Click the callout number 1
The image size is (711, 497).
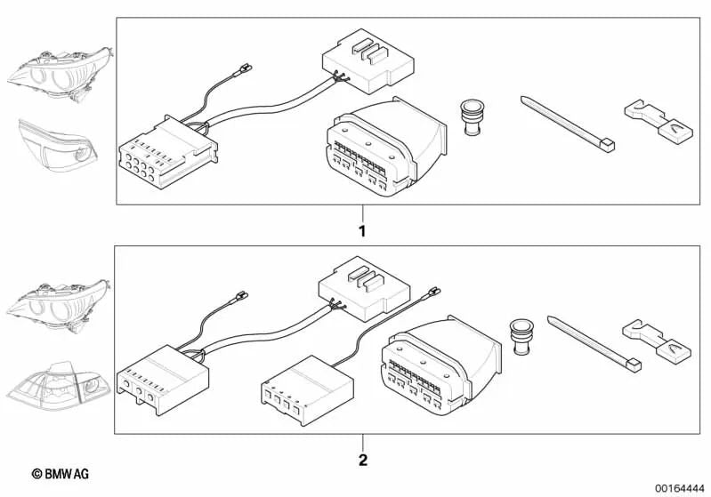tap(361, 230)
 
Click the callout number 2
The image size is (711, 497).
tap(361, 461)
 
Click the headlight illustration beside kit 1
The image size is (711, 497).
tap(60, 72)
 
